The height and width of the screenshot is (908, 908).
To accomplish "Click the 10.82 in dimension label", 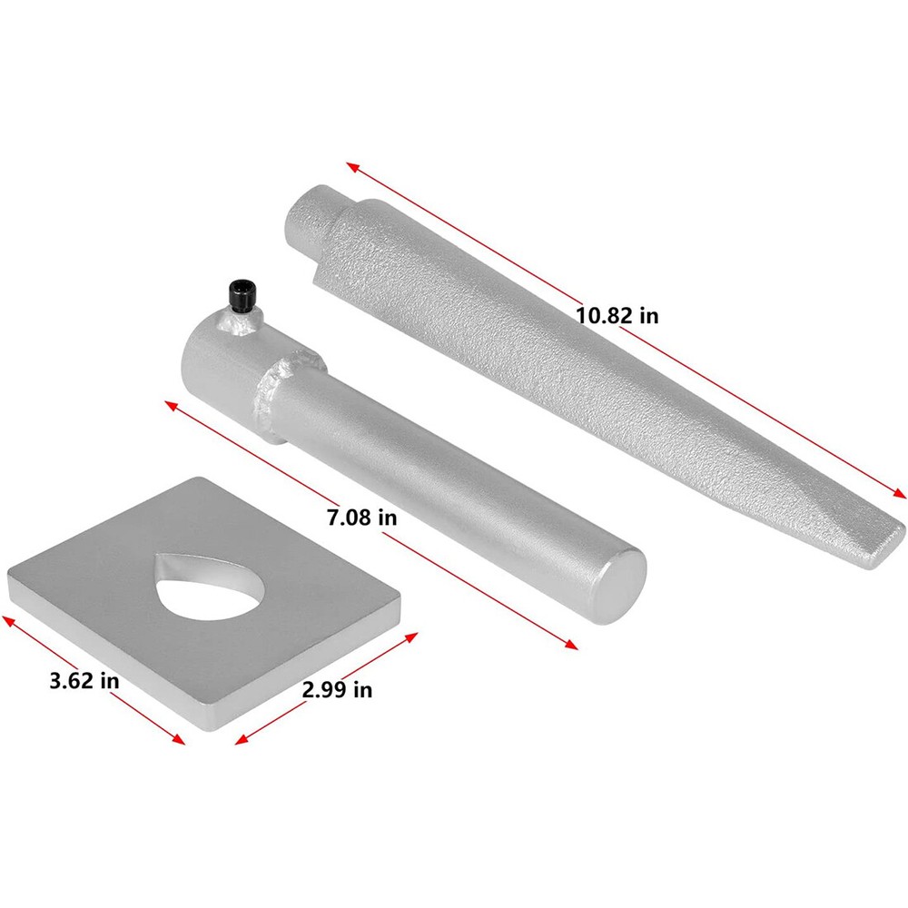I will pyautogui.click(x=617, y=316).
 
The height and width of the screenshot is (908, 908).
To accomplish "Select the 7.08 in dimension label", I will pyautogui.click(x=361, y=518).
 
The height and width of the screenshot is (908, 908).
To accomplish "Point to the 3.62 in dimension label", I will pyautogui.click(x=84, y=680).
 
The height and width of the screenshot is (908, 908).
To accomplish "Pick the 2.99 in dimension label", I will pyautogui.click(x=337, y=690).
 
